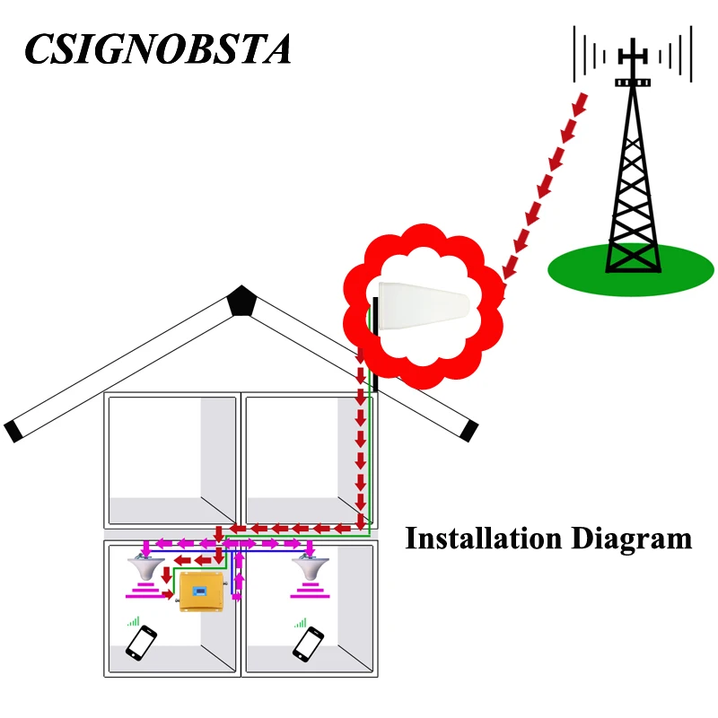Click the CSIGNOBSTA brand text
click(x=158, y=48)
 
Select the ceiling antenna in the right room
click(x=311, y=569)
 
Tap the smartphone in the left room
click(x=141, y=643)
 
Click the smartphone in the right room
click(x=308, y=643)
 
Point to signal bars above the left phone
click(x=134, y=620)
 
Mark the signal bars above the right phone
click(x=301, y=620)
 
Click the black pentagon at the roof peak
click(x=241, y=300)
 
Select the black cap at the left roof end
click(x=13, y=431)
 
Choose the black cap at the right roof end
click(x=467, y=431)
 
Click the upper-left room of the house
click(x=171, y=458)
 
